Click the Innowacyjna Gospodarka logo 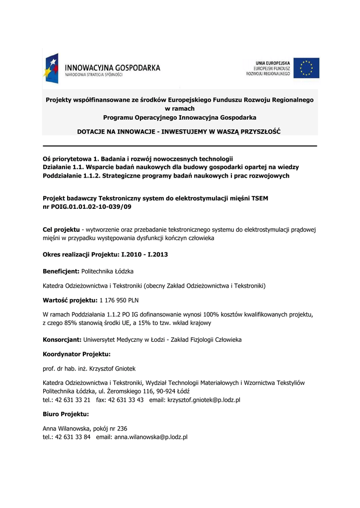(102, 68)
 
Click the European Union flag (306, 68)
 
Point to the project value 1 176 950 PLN (120, 300)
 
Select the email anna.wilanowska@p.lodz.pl (150, 437)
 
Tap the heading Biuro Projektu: (66, 413)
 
